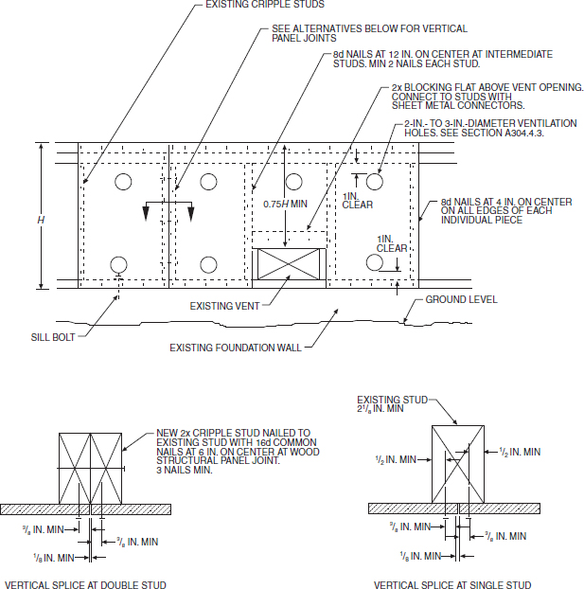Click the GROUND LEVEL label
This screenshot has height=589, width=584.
(461, 299)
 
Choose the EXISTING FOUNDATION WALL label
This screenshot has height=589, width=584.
(236, 348)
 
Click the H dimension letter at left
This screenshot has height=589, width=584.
(41, 220)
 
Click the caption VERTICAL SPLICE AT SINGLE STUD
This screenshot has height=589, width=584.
(452, 584)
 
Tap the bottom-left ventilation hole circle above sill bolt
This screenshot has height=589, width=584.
(118, 264)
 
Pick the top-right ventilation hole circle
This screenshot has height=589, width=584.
(375, 180)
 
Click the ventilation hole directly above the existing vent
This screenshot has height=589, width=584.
(293, 181)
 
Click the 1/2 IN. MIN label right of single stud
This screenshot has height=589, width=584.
(520, 452)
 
